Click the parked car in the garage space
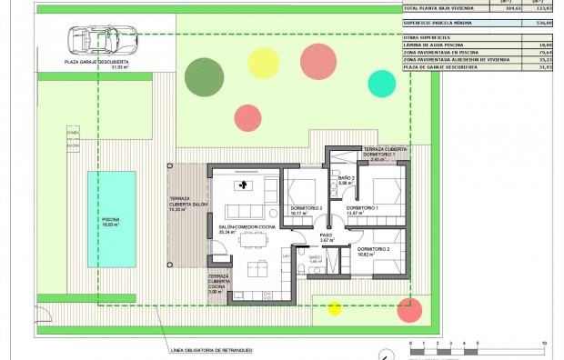pyautogui.click(x=103, y=40)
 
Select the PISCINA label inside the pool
pyautogui.click(x=112, y=221)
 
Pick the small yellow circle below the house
pyautogui.click(x=334, y=307)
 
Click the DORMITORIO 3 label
pyautogui.click(x=307, y=210)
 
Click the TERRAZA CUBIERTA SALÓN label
pyautogui.click(x=188, y=205)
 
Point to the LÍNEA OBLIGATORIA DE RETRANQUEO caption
pyautogui.click(x=211, y=349)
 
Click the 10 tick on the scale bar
pyautogui.click(x=544, y=343)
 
